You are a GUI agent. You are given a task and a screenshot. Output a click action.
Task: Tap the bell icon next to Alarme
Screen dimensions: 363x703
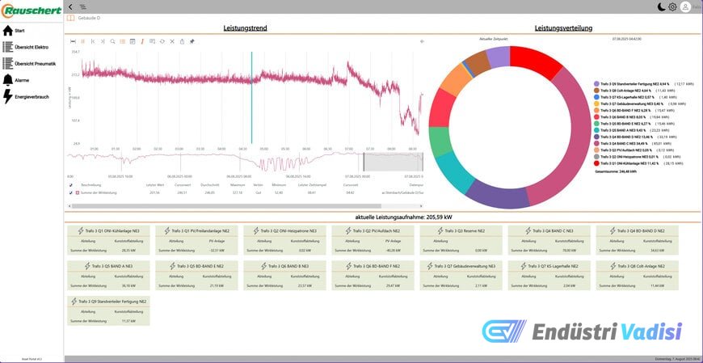coord(8,80)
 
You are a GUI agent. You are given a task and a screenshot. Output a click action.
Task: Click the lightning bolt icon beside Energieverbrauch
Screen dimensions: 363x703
coord(8,96)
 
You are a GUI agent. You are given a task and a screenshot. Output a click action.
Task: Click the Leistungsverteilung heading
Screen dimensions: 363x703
coord(563,28)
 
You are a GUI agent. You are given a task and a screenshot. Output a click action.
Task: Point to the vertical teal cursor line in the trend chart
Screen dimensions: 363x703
coord(251,97)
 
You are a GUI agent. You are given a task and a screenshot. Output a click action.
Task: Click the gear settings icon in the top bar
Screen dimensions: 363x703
coord(672,7)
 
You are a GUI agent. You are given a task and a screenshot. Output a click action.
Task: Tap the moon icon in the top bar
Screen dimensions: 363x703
coord(661,7)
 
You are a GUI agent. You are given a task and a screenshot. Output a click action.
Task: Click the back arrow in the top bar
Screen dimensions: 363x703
coord(70,7)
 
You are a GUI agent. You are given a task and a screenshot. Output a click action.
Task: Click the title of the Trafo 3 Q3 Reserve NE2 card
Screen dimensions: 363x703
coord(460,230)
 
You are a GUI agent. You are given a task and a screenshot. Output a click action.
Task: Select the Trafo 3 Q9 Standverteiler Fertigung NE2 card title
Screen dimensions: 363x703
coord(114,301)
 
